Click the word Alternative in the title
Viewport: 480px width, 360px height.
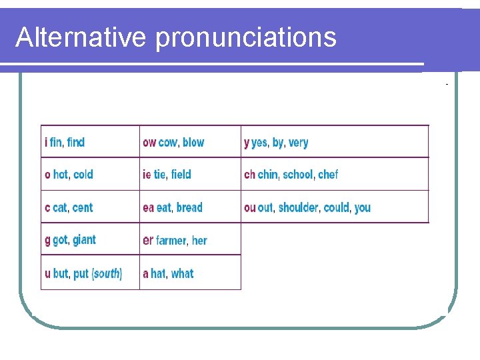pos(81,37)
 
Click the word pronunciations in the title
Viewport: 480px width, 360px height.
pos(246,39)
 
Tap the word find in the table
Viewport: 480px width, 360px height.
pos(76,142)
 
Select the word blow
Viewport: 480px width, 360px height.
pos(193,142)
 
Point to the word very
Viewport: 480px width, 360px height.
pos(298,143)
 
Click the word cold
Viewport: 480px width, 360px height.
pos(83,175)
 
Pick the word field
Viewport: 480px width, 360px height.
pos(181,175)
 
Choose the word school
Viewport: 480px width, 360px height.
pos(297,175)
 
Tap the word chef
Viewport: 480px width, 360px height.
pos(328,175)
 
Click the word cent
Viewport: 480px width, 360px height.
pos(83,207)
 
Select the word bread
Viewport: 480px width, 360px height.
pos(189,207)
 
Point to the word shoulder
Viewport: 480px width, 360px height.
pos(299,207)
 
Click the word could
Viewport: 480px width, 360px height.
pos(337,207)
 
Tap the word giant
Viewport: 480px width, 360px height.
pos(85,240)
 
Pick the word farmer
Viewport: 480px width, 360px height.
pos(171,240)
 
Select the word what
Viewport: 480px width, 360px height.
pos(182,273)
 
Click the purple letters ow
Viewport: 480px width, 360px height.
pos(149,142)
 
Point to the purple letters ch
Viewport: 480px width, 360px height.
pos(249,175)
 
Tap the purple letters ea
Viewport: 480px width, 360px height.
pos(148,207)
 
